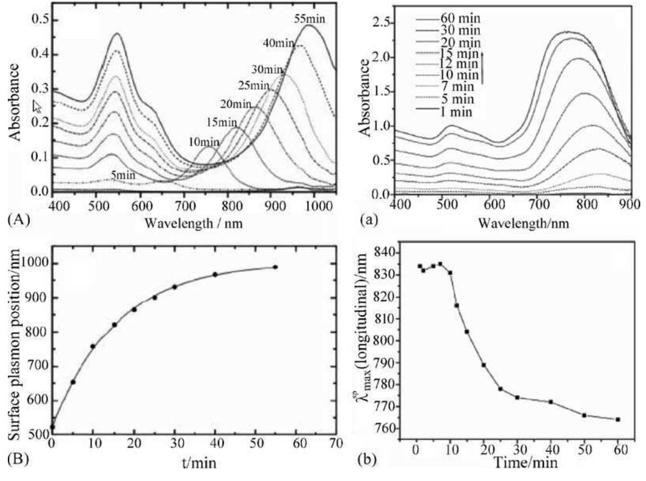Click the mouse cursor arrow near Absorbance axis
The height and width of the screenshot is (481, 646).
pos(37,106)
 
